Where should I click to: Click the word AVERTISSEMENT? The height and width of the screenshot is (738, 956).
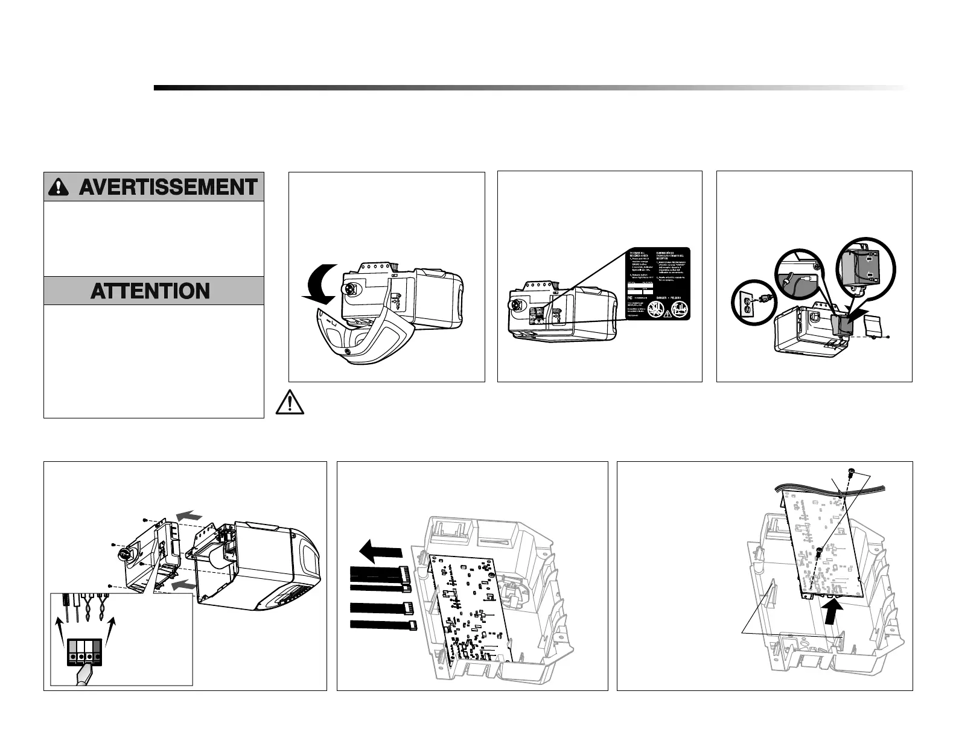(168, 188)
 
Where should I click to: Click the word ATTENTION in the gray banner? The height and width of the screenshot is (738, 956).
(150, 292)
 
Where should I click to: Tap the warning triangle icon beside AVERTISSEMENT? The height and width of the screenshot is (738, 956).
(59, 188)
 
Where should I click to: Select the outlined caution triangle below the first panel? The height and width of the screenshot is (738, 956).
(290, 403)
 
